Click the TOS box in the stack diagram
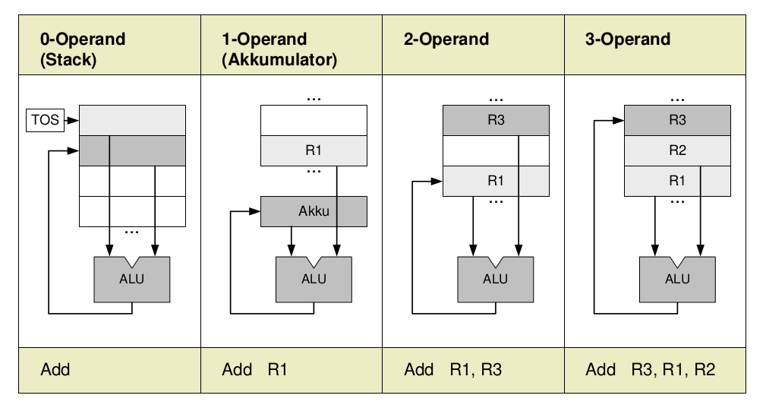click(46, 120)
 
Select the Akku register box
click(314, 211)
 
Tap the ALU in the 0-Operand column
click(131, 279)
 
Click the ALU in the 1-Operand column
click(314, 279)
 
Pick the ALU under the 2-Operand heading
click(495, 279)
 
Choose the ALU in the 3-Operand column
click(677, 279)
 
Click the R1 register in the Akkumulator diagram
click(314, 150)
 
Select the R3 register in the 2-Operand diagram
click(495, 120)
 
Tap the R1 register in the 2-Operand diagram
click(495, 181)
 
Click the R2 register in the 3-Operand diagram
click(677, 150)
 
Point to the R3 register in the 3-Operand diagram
click(677, 120)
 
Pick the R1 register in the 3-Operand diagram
click(677, 181)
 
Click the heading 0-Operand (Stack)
click(83, 49)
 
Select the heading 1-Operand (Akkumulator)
click(279, 49)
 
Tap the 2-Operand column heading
click(446, 40)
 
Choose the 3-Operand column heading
click(628, 40)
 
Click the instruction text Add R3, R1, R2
click(651, 370)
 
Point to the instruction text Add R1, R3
click(453, 370)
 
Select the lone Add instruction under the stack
click(55, 370)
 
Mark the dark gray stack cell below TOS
click(132, 150)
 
